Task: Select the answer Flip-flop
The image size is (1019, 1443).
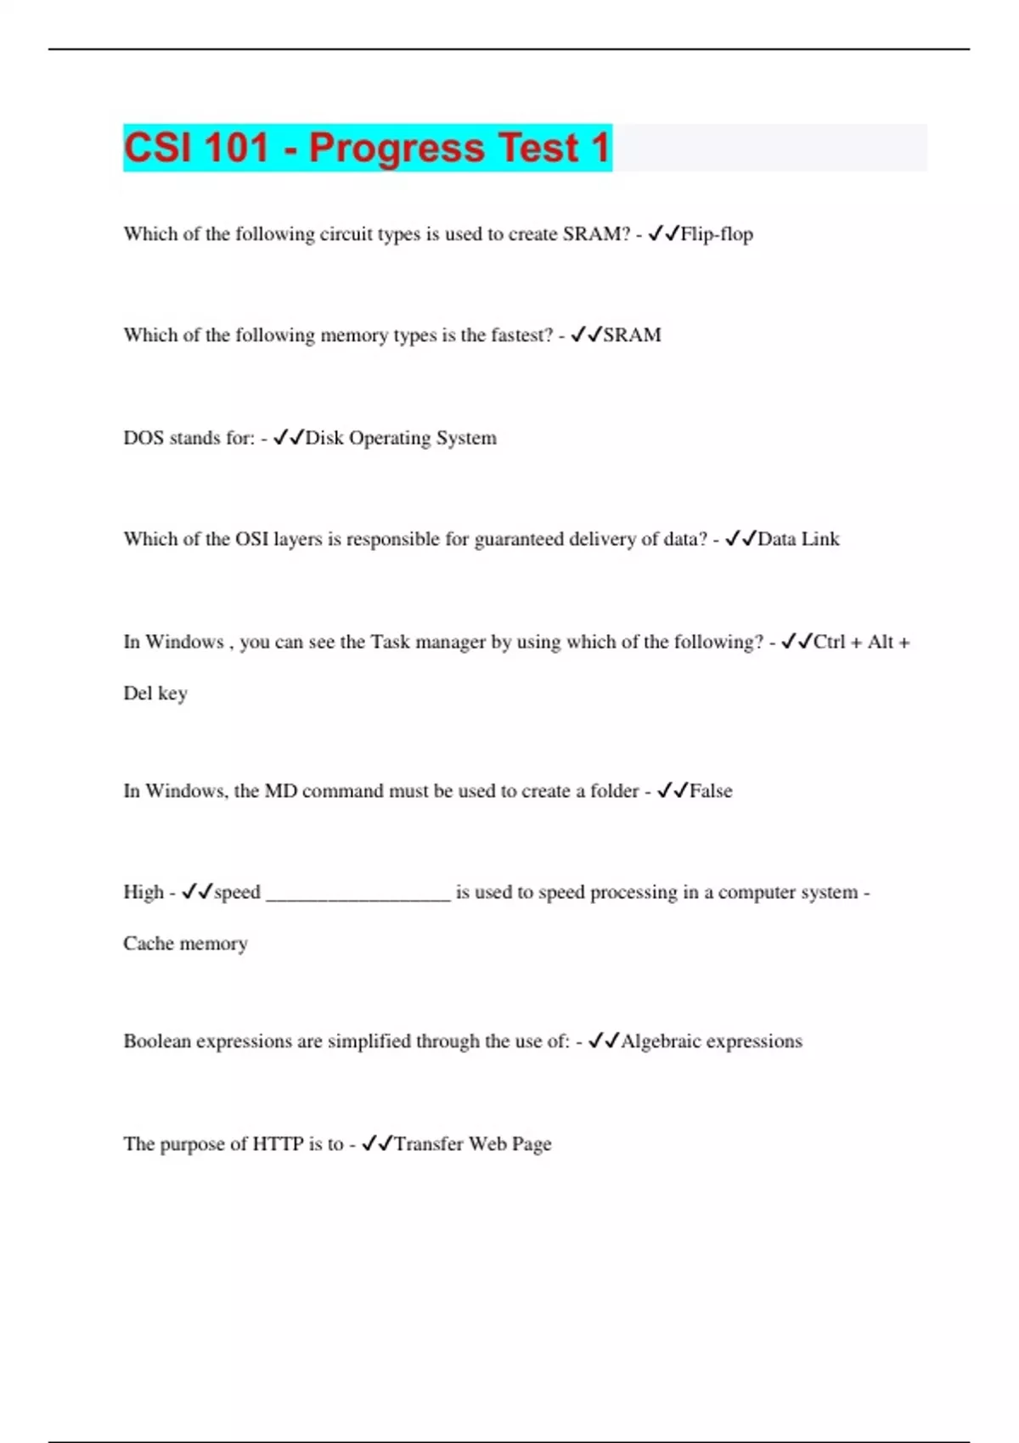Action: coord(717,234)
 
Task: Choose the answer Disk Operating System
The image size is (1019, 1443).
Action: coord(401,438)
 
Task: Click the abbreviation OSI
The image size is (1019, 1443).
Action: coord(251,539)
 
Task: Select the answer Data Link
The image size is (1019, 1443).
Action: coord(798,539)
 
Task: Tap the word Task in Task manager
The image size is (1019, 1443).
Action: coord(391,642)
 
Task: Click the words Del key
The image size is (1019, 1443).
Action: coord(155,693)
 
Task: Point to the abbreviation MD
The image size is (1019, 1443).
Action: coord(280,791)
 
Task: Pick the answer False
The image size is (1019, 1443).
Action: coord(711,791)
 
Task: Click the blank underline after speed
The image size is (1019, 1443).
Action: coord(358,895)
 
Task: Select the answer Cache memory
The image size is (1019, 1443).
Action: coord(185,944)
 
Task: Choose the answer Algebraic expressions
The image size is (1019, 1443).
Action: coord(712,1042)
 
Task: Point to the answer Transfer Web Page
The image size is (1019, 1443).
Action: coord(473,1144)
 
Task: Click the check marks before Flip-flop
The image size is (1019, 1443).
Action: coord(663,233)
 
